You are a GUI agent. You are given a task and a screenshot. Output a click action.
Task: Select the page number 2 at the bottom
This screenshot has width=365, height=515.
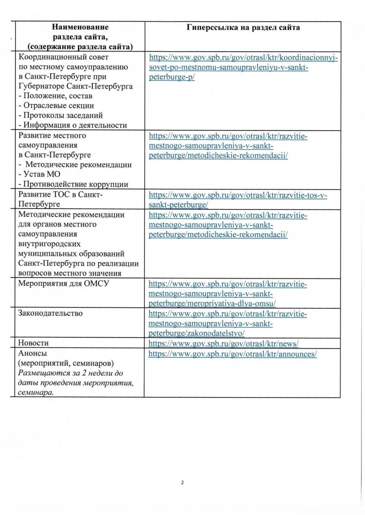(x=182, y=483)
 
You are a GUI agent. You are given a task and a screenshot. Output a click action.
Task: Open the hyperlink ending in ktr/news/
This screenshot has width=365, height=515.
(x=223, y=344)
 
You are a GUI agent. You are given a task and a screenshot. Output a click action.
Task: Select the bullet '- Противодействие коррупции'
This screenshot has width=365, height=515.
(x=73, y=185)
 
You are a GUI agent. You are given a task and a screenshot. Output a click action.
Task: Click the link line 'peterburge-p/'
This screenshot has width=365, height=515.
(x=172, y=77)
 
